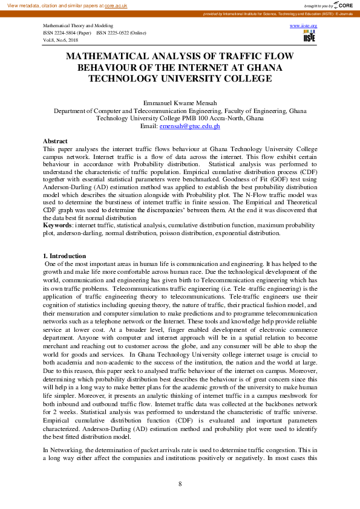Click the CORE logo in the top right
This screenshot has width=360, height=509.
pyautogui.click(x=345, y=5)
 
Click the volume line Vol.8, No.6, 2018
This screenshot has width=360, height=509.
pyautogui.click(x=61, y=39)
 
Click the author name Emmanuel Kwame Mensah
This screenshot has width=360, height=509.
pyautogui.click(x=180, y=104)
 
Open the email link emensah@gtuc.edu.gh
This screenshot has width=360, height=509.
pyautogui.click(x=189, y=126)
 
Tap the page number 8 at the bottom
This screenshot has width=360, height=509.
pyautogui.click(x=180, y=484)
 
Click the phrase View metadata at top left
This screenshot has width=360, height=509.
pyautogui.click(x=21, y=5)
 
